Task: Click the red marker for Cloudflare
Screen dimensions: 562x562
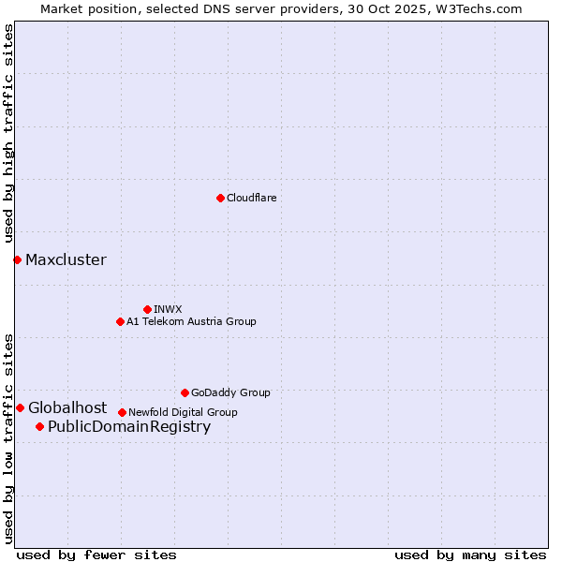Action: coord(220,198)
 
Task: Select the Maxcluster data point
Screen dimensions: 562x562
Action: coord(17,259)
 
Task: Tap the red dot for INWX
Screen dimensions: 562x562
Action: coord(147,309)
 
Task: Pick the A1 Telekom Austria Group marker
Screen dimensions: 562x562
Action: coord(120,321)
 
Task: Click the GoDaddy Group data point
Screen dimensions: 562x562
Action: coord(185,392)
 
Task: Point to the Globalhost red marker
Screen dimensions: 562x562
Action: coord(20,407)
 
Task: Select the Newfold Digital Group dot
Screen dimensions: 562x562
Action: coord(122,412)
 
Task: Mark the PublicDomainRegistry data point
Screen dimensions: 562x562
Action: coord(39,427)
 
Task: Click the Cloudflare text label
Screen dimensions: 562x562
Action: coord(251,198)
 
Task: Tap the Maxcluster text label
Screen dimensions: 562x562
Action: coord(66,259)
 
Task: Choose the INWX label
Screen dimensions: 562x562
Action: coord(168,309)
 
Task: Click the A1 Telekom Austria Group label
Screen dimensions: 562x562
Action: coord(191,321)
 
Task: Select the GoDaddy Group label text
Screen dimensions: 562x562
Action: coord(230,392)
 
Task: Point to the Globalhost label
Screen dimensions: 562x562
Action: coord(67,407)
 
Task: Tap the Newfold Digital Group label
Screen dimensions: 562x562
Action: coord(183,412)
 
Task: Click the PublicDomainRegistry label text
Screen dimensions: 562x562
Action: coord(129,427)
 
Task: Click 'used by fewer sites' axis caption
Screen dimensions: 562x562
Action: coord(96,555)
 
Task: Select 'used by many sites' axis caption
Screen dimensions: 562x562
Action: coord(470,555)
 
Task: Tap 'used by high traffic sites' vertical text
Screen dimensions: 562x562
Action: coord(9,134)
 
